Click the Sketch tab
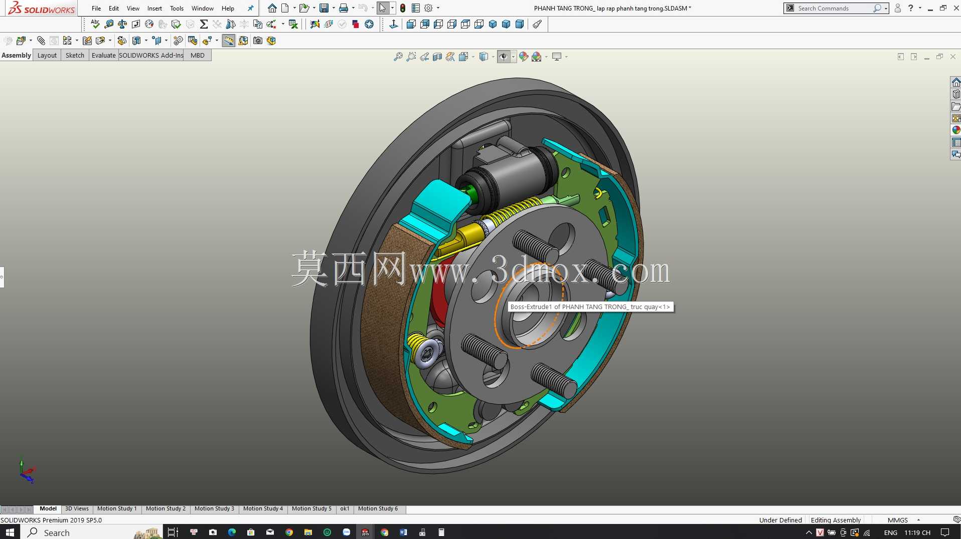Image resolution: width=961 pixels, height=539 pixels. tap(75, 55)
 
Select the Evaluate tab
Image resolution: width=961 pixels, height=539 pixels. tap(103, 55)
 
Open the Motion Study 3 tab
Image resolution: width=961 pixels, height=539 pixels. tap(214, 508)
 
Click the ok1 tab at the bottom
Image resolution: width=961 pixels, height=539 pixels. tap(345, 508)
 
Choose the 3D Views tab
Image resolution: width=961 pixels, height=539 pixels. tap(77, 508)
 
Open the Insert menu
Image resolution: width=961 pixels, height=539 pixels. tap(154, 8)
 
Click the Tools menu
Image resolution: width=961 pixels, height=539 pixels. tap(177, 8)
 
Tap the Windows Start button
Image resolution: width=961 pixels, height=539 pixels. tap(10, 532)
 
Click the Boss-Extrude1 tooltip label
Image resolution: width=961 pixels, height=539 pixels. tap(590, 307)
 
